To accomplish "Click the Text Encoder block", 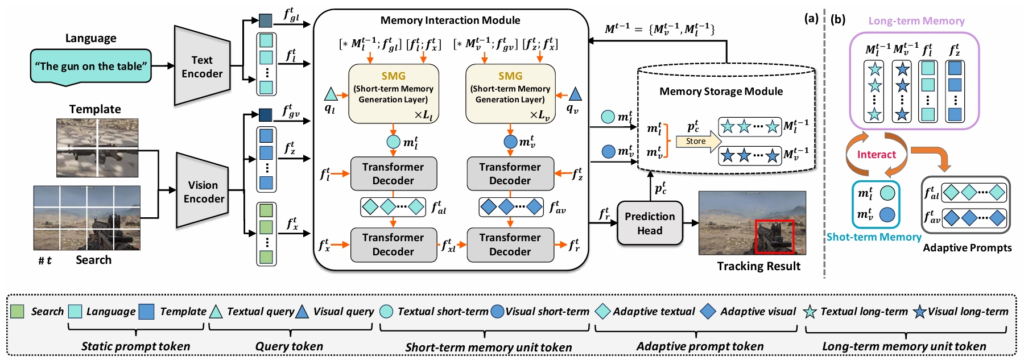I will tap(202, 67).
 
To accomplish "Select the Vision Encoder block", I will tap(203, 192).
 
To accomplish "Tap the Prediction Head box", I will tap(650, 223).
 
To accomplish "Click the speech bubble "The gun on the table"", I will tap(91, 67).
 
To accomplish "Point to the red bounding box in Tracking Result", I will tap(774, 237).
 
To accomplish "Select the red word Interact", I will tap(876, 155).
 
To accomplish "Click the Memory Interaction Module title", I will tap(450, 20).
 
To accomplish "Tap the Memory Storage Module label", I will tap(721, 92).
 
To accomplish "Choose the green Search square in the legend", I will tap(18, 312).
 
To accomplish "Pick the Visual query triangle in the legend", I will tap(302, 312).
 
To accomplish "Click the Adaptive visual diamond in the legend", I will tap(708, 311).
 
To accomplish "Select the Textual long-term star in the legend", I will tap(810, 312).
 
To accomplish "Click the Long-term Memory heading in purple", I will tap(916, 21).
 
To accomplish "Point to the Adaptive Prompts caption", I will tap(967, 248).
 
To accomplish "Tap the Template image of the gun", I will tap(97, 148).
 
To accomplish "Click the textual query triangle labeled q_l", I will tap(331, 94).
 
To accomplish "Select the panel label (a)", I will tap(811, 18).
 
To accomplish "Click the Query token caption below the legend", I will tap(289, 346).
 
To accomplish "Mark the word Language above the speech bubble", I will tap(91, 38).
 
